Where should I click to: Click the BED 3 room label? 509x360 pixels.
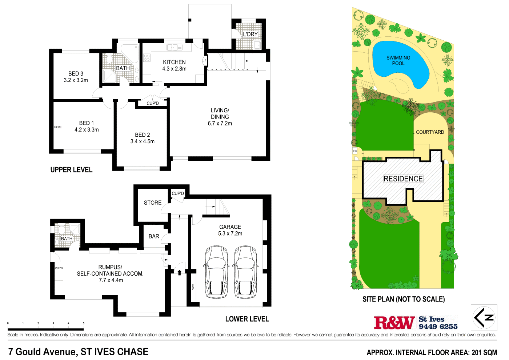pyautogui.click(x=76, y=74)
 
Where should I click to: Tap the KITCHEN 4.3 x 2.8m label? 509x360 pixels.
pyautogui.click(x=174, y=65)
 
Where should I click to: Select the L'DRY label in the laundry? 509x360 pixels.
pyautogui.click(x=250, y=34)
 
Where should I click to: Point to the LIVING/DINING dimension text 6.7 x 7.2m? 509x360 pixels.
pyautogui.click(x=220, y=124)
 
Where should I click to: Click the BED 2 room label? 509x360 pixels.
pyautogui.click(x=142, y=135)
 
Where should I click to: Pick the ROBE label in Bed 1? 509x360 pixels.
pyautogui.click(x=58, y=127)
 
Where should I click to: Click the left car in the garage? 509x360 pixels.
pyautogui.click(x=216, y=271)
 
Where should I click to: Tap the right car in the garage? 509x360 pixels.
pyautogui.click(x=245, y=271)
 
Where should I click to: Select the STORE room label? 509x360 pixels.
pyautogui.click(x=152, y=203)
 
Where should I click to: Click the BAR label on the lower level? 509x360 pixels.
pyautogui.click(x=154, y=236)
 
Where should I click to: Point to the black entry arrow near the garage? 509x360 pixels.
pyautogui.click(x=179, y=272)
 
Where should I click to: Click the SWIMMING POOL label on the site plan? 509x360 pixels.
pyautogui.click(x=398, y=60)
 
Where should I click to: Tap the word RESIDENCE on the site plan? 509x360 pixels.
pyautogui.click(x=403, y=179)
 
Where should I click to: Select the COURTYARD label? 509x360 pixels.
pyautogui.click(x=430, y=132)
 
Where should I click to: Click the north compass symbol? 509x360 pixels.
pyautogui.click(x=484, y=317)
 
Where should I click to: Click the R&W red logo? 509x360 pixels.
pyautogui.click(x=394, y=323)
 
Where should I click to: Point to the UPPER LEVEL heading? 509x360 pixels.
pyautogui.click(x=71, y=170)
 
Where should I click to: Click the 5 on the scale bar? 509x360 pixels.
pyautogui.click(x=84, y=323)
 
